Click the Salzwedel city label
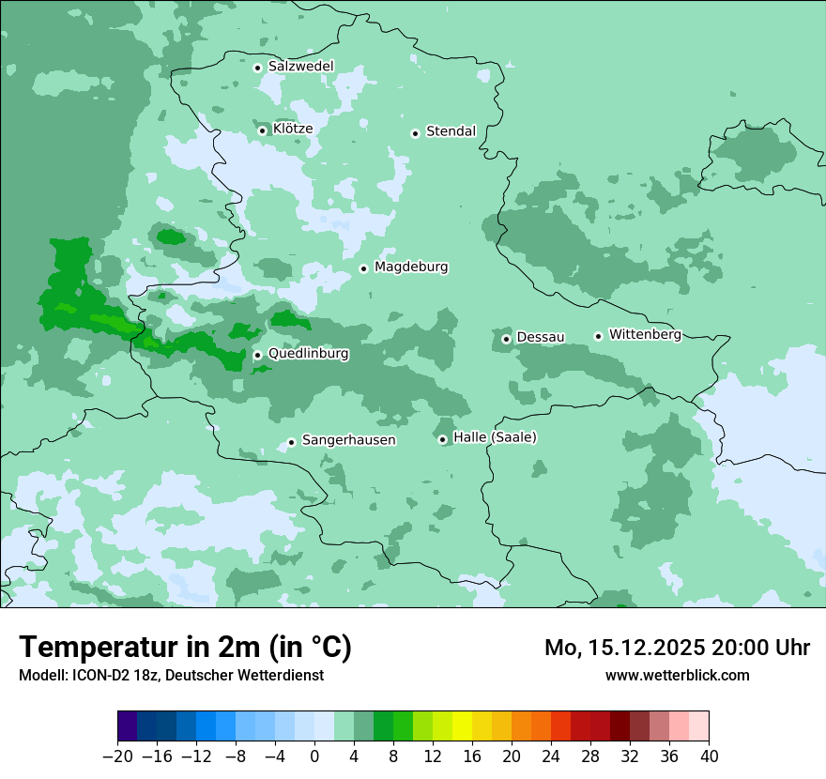300,67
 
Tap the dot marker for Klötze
263,130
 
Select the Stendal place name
451,131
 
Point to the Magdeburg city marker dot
363,268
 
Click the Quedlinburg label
308,354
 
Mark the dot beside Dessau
506,339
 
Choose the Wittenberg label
645,334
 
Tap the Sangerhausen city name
348,440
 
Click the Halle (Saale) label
495,437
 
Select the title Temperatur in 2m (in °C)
185,647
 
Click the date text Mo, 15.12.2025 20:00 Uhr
677,648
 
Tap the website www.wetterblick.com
677,675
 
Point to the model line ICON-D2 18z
171,675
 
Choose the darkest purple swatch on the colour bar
127,727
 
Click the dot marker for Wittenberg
598,336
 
